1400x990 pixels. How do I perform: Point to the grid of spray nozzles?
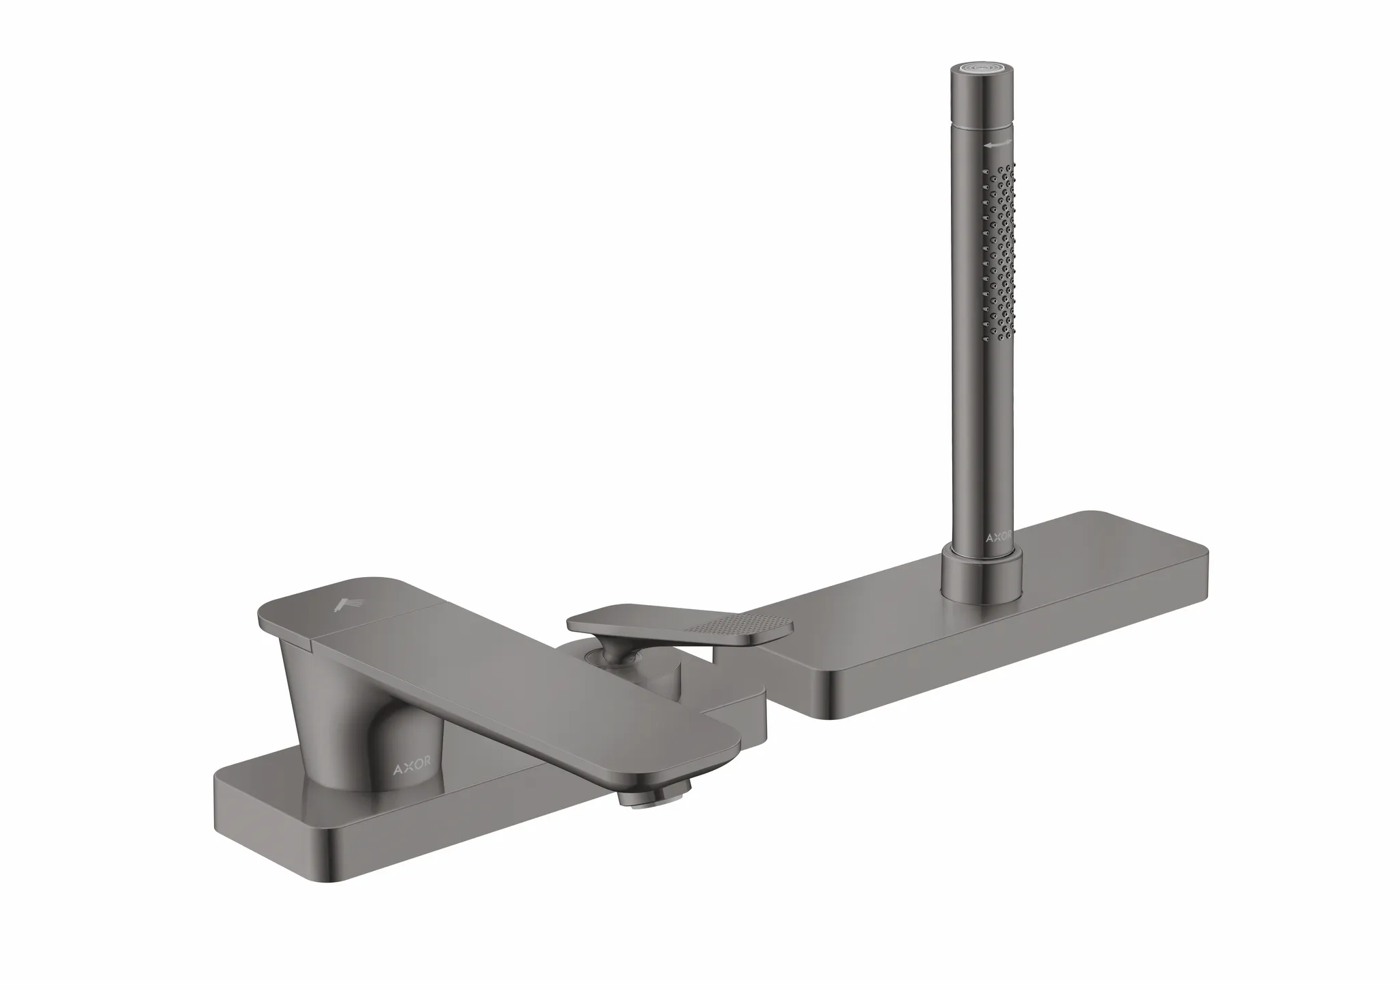click(x=1001, y=260)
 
